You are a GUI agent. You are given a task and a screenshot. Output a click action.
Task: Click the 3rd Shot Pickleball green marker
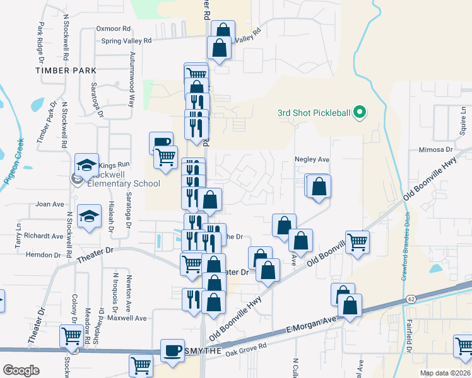point(360,113)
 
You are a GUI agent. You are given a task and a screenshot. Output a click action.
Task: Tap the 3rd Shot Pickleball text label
point(314,113)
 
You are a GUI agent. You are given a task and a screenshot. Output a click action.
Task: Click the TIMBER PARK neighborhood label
point(66,71)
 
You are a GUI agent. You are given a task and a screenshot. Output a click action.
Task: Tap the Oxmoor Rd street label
point(113,29)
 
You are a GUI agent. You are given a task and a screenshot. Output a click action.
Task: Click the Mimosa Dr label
point(436,151)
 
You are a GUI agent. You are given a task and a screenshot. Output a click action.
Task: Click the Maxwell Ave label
point(127,318)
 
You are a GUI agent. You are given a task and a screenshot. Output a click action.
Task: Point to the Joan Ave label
point(50,204)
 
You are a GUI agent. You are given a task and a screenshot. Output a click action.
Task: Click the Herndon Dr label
point(43,255)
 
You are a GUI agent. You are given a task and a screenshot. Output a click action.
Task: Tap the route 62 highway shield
point(410,298)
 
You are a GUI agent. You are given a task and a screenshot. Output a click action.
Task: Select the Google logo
point(21,370)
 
